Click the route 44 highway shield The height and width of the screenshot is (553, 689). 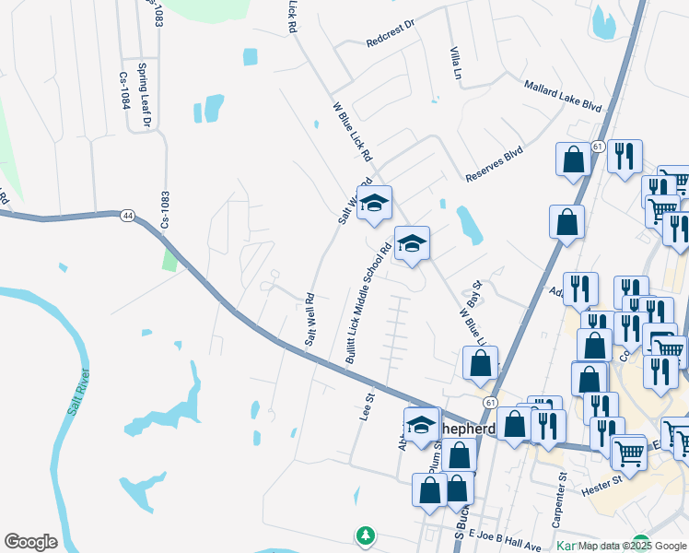[126, 215]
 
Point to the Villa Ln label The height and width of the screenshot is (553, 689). [454, 62]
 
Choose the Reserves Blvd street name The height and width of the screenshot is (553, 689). [494, 163]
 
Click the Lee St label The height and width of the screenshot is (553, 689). [365, 406]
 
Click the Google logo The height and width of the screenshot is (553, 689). [30, 542]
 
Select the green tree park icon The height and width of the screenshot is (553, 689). [366, 535]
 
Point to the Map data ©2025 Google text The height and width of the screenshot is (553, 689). [630, 547]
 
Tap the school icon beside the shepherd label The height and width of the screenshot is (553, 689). [421, 427]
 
